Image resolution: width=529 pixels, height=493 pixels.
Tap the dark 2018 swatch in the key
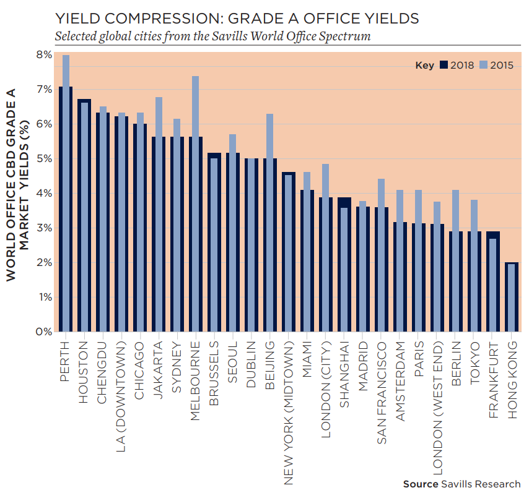444,65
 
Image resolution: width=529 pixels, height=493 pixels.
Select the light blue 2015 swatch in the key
483,65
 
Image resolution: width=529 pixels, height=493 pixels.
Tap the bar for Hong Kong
512,298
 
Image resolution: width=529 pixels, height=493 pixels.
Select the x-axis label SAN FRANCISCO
382,392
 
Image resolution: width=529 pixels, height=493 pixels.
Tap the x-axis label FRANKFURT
493,378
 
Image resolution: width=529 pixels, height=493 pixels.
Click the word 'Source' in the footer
421,484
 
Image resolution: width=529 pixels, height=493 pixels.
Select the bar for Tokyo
474,281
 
